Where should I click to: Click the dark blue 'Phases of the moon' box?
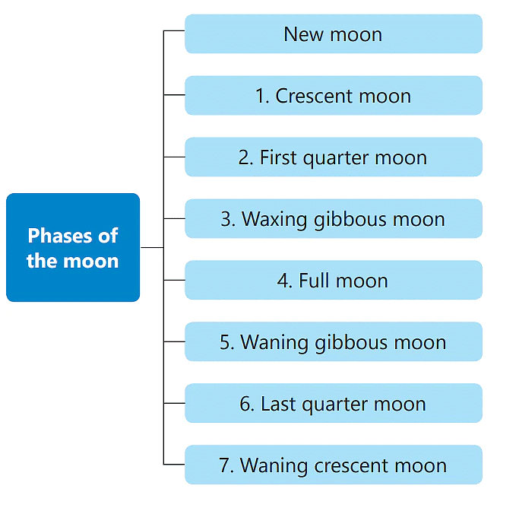(73, 247)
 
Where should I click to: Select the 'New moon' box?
(334, 33)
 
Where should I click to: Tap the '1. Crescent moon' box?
(334, 95)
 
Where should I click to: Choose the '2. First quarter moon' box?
(334, 157)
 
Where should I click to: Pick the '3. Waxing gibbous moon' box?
(334, 218)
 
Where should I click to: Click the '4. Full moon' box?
(334, 280)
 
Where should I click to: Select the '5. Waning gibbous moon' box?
(334, 341)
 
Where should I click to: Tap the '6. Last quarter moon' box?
(334, 403)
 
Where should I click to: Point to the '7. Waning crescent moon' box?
(334, 465)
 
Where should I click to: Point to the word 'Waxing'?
(274, 220)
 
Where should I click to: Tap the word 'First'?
(278, 157)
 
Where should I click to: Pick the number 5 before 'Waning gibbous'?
(225, 342)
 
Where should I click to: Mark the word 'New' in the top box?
(303, 34)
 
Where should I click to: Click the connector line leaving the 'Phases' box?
(152, 247)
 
